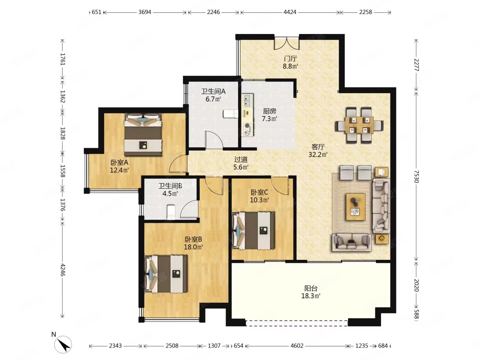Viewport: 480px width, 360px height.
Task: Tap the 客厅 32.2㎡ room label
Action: (x=318, y=151)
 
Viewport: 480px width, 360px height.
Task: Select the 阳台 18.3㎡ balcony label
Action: (x=311, y=292)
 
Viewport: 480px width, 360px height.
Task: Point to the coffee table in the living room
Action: (x=355, y=207)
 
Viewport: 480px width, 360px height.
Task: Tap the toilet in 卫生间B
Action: (x=171, y=212)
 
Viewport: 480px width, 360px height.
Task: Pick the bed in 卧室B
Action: (x=166, y=274)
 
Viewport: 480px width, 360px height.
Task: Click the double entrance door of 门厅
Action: (x=287, y=43)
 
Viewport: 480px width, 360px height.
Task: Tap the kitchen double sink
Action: (x=248, y=100)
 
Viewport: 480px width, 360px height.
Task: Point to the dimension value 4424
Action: (x=290, y=12)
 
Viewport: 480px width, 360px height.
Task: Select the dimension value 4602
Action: (x=297, y=346)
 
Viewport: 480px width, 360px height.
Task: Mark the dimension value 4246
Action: (x=62, y=270)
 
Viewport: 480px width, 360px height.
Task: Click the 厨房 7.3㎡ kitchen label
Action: (x=269, y=115)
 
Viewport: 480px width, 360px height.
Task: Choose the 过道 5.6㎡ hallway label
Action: (x=241, y=163)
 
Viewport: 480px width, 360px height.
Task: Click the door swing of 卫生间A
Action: (x=214, y=140)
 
